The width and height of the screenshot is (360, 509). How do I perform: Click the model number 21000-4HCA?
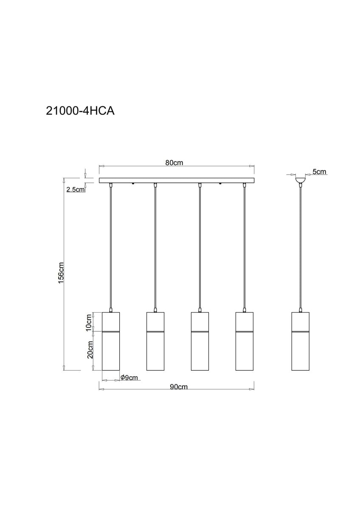(x=80, y=111)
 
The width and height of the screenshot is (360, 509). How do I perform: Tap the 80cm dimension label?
(x=174, y=163)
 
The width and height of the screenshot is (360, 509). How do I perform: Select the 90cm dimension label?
(x=179, y=386)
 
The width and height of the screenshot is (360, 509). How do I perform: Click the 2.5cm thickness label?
(x=76, y=190)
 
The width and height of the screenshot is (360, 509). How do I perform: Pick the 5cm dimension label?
(x=319, y=171)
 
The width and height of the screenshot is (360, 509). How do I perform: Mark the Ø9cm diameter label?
(x=129, y=378)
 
